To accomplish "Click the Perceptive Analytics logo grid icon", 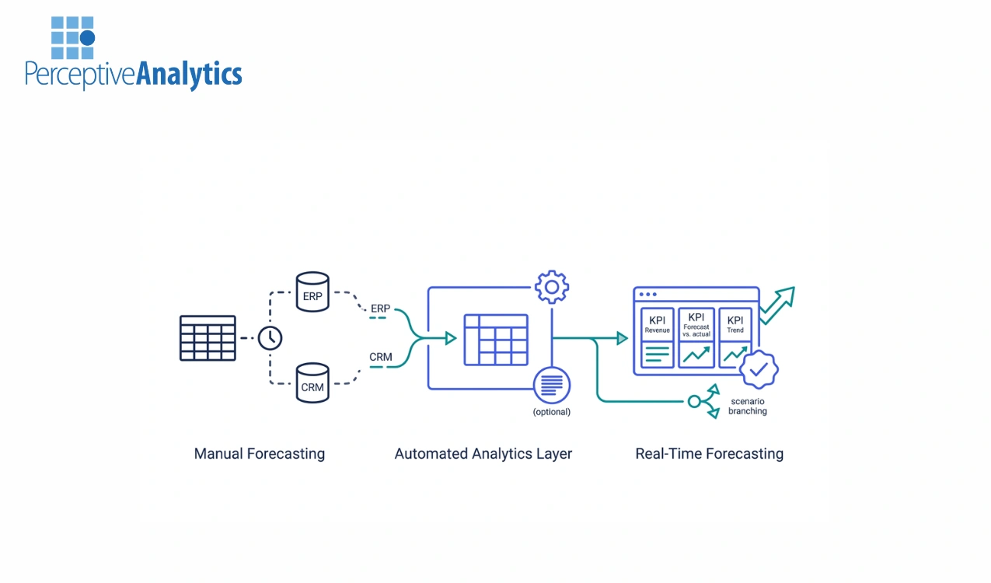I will click(72, 37).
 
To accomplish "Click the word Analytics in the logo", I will click(189, 75).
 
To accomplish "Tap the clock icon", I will click(270, 338).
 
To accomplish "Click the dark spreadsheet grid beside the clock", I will click(208, 338).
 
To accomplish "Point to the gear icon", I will click(552, 287).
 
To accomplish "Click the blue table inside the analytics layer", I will click(495, 339).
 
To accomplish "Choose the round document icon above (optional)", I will click(552, 384).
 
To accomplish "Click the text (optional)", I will click(551, 412).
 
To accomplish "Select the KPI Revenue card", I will click(657, 338).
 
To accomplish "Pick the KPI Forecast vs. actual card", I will click(696, 338).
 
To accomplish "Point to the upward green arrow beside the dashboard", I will click(777, 305).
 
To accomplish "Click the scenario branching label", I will click(747, 406).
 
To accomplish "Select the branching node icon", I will click(703, 401).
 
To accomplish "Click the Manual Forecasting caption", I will click(259, 454).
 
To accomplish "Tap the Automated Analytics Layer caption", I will click(483, 454).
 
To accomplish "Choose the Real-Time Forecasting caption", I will click(709, 454).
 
